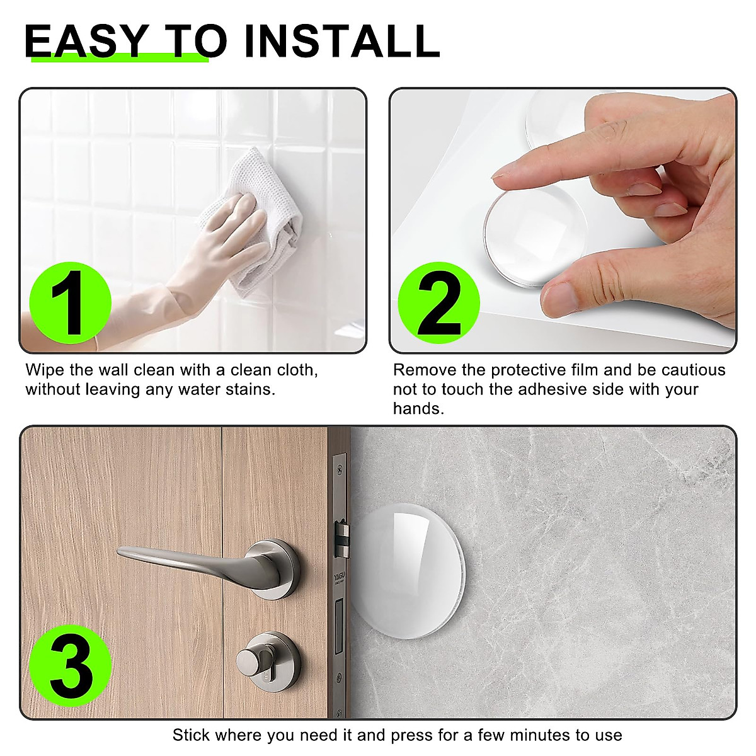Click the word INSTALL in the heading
341,42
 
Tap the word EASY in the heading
87,42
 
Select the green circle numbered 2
439,303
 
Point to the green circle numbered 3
71,665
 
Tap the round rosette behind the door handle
277,567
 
